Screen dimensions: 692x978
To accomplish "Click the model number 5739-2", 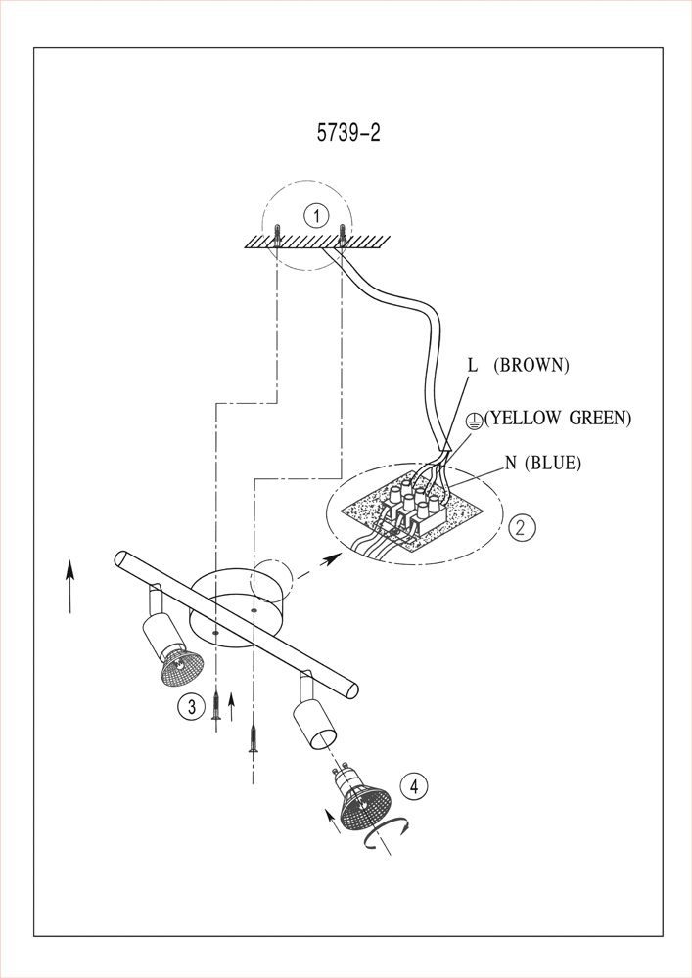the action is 348,133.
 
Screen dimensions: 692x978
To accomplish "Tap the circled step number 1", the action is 317,216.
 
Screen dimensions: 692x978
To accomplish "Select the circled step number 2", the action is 522,527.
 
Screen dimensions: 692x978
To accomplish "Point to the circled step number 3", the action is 192,706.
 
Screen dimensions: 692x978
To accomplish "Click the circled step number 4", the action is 414,786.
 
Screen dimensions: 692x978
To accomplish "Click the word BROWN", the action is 531,365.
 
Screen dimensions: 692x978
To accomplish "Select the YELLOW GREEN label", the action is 558,418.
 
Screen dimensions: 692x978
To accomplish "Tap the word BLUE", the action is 553,463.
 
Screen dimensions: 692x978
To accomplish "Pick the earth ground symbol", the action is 476,419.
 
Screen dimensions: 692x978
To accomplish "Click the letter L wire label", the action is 473,365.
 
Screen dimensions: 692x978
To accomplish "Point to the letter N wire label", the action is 511,463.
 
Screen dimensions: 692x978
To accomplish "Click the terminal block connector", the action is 415,509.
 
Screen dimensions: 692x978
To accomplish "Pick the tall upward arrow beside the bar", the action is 69,586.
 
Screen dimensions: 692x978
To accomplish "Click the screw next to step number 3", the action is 216,705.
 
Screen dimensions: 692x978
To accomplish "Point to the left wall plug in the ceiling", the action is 277,234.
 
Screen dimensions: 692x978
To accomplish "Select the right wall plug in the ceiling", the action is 342,234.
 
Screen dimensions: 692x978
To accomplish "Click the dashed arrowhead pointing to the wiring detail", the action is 333,558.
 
